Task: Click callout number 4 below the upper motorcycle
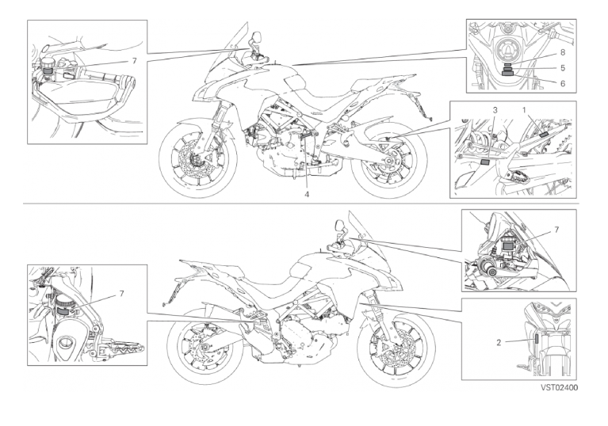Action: click(x=307, y=195)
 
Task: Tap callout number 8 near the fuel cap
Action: click(x=563, y=52)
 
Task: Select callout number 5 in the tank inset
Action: click(x=563, y=68)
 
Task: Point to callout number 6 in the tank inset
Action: click(x=563, y=83)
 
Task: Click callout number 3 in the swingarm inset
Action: click(x=495, y=110)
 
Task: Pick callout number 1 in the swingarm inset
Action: click(x=524, y=110)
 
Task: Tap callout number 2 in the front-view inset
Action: click(x=499, y=342)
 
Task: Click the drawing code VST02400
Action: click(x=559, y=387)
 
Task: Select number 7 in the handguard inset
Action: click(x=135, y=61)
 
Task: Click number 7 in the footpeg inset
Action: click(x=122, y=294)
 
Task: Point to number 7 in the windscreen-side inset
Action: click(x=556, y=230)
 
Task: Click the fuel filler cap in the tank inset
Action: click(x=507, y=48)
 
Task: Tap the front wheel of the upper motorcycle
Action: click(x=197, y=159)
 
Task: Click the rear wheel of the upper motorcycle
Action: click(x=389, y=160)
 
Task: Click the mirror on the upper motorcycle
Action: click(x=256, y=37)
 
